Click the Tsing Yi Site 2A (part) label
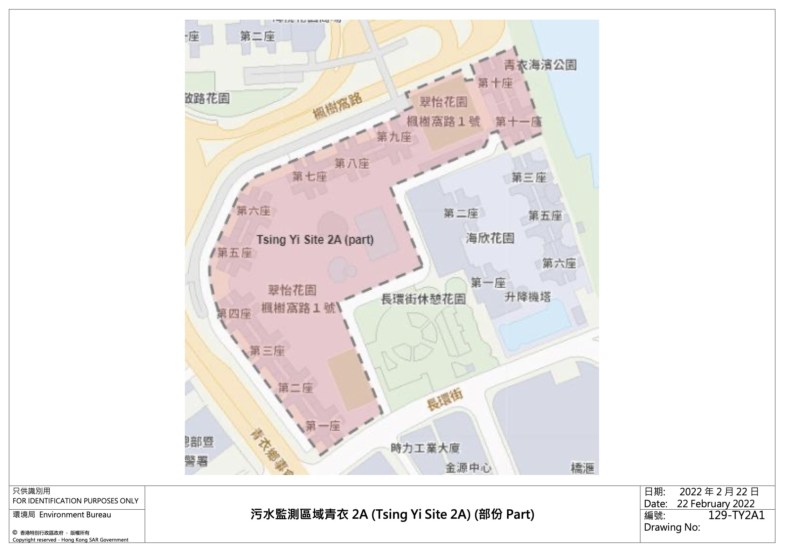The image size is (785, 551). [x=315, y=240]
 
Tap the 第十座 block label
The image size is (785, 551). [x=495, y=83]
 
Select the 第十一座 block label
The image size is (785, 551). [x=519, y=122]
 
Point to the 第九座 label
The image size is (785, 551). [x=394, y=137]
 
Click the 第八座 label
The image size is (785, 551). [x=352, y=163]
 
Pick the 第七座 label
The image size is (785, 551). [x=309, y=176]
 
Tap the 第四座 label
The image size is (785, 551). [x=234, y=314]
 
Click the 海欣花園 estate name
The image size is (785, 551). [x=490, y=238]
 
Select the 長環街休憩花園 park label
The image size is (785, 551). [x=423, y=299]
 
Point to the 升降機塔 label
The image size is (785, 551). [x=528, y=297]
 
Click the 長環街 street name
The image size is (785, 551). [x=445, y=400]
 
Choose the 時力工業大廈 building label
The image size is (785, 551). [x=425, y=448]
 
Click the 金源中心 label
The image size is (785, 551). [x=468, y=468]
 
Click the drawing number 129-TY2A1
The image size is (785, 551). [x=736, y=515]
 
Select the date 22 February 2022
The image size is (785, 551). [x=716, y=504]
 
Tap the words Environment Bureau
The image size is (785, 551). [x=75, y=515]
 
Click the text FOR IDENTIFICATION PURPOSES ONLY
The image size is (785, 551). [x=75, y=501]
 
